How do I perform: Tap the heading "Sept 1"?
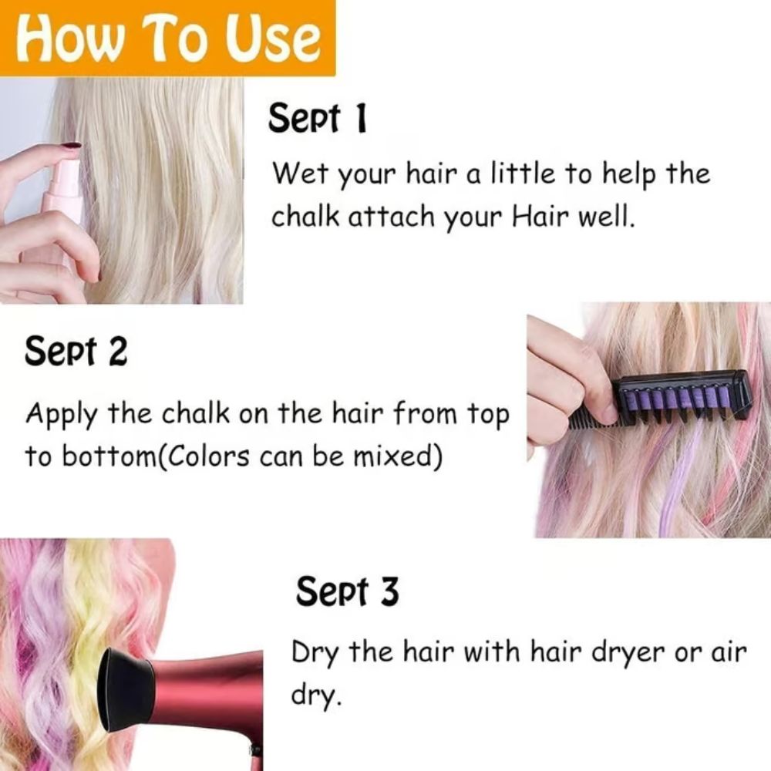coord(317,120)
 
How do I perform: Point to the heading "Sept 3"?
coord(348,592)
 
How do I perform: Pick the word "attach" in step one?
coord(391,217)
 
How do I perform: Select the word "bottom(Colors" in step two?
coord(138,456)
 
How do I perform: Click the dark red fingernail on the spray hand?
coord(71,144)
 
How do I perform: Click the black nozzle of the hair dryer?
coord(127,690)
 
